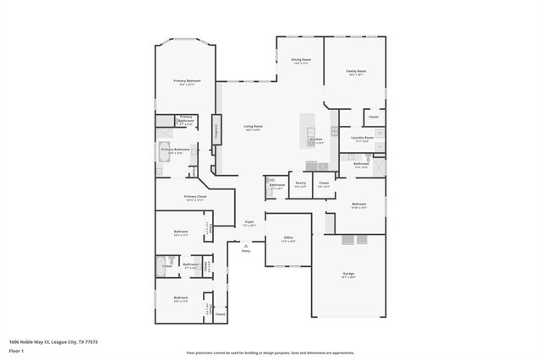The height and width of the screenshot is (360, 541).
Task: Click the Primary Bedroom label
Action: click(x=185, y=82)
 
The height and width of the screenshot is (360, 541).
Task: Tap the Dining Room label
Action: click(x=301, y=61)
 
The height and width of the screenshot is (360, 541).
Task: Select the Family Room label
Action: click(x=356, y=72)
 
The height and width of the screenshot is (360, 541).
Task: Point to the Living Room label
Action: click(x=254, y=128)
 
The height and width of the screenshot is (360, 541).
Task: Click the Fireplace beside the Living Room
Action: click(x=216, y=130)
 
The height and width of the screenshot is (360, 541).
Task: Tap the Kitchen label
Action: click(x=316, y=140)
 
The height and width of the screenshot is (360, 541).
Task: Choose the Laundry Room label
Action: click(x=363, y=138)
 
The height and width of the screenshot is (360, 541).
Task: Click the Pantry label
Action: click(x=300, y=183)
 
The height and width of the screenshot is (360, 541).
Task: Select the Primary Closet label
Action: click(x=194, y=198)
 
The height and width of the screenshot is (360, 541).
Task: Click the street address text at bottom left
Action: click(x=53, y=342)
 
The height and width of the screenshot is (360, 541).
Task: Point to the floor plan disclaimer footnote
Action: click(x=270, y=353)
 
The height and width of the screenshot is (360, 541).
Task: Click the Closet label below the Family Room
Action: click(x=373, y=117)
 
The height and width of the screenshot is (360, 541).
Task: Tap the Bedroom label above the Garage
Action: click(x=358, y=205)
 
